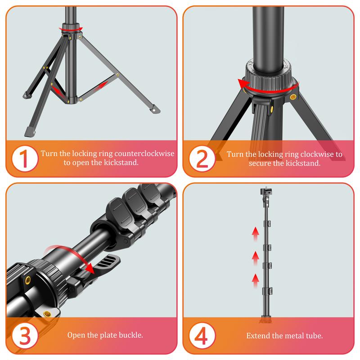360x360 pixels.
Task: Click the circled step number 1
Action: pyautogui.click(x=23, y=158)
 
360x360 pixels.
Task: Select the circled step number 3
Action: pyautogui.click(x=23, y=335)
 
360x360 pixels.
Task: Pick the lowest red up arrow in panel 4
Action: pyautogui.click(x=255, y=279)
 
